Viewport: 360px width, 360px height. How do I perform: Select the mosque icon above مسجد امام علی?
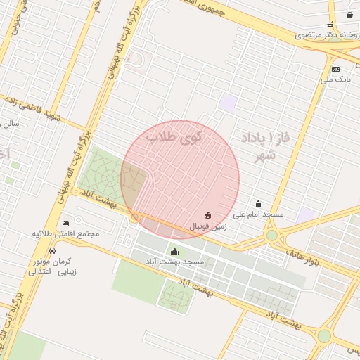tap(258, 204)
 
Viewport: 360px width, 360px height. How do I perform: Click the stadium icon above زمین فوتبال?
tap(207, 215)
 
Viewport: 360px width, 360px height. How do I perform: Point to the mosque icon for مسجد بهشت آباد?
tap(174, 251)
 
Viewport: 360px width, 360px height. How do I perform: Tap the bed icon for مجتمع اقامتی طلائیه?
tap(66, 223)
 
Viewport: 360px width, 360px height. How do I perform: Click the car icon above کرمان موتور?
tap(53, 251)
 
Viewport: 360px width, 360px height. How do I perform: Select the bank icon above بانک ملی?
tap(335, 69)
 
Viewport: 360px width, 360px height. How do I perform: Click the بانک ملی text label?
tap(335, 79)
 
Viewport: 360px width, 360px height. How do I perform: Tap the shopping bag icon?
tap(349, 15)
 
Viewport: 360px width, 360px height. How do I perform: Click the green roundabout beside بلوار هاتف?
tap(272, 235)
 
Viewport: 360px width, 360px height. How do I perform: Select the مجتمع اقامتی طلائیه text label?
tap(66, 233)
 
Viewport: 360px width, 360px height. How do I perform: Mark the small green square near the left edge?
tap(9, 181)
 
